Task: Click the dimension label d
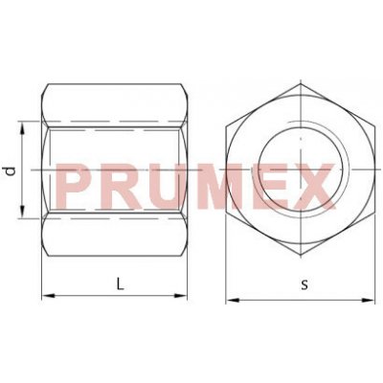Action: tap(11, 171)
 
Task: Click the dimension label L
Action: tap(120, 283)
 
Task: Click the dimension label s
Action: tap(305, 284)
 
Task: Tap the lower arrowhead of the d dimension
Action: tap(22, 212)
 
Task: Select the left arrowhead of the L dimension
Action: tap(49, 296)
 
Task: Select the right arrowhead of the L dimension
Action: tap(180, 296)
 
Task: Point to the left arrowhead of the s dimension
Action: tap(233, 300)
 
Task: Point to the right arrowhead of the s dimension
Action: tap(368, 300)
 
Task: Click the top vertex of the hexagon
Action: tap(301, 84)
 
